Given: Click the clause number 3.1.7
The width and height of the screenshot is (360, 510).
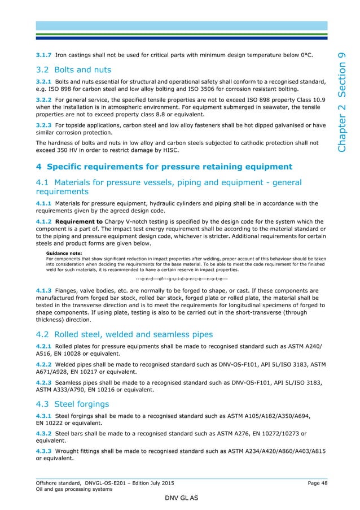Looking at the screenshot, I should click(44, 55).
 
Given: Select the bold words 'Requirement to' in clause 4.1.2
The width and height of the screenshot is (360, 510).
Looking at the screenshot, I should click(80, 221).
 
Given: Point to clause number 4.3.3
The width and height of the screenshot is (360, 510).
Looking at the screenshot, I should click(44, 450).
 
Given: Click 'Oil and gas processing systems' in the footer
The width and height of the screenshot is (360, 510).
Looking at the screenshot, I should click(74, 490).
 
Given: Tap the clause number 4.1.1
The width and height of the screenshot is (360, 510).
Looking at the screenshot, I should click(44, 203).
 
